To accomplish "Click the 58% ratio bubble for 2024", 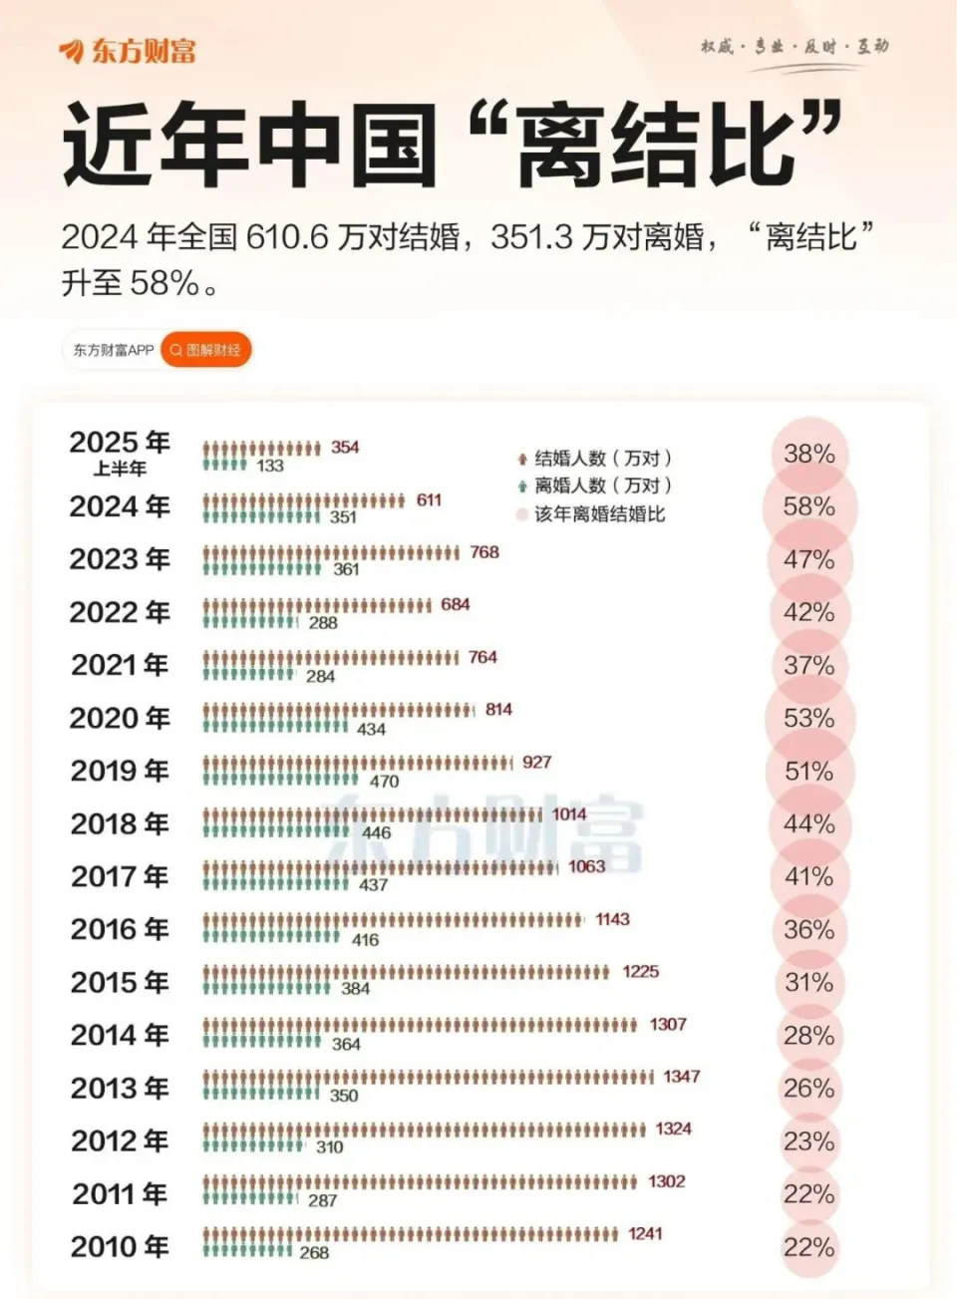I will [808, 506].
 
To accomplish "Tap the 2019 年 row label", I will [120, 771].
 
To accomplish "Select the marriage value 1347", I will [682, 1077].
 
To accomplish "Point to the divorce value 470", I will [384, 782].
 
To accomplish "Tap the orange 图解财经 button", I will [205, 350].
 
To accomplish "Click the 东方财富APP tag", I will [113, 350].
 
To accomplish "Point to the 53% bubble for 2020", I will [808, 718].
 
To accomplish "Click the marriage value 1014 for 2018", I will [569, 814].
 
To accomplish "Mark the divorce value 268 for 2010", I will [314, 1253].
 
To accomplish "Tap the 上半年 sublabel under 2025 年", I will [120, 469].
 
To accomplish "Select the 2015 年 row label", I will [120, 982].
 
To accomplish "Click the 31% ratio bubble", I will [808, 982].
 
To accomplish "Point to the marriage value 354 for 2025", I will [345, 448].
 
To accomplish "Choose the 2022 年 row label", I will [120, 612].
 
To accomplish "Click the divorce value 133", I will [269, 466].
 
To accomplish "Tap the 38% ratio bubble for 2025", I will [808, 455].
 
